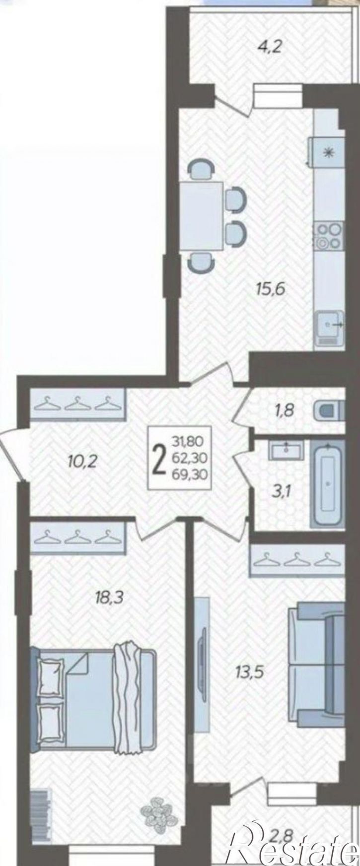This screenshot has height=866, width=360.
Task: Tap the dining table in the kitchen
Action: pyautogui.click(x=201, y=216)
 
